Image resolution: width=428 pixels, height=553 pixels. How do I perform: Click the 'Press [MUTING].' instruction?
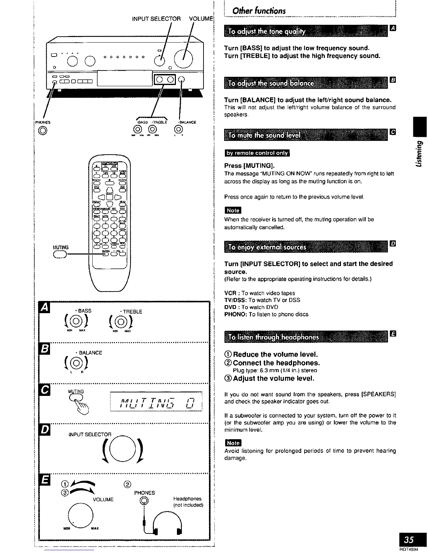tap(249, 165)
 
